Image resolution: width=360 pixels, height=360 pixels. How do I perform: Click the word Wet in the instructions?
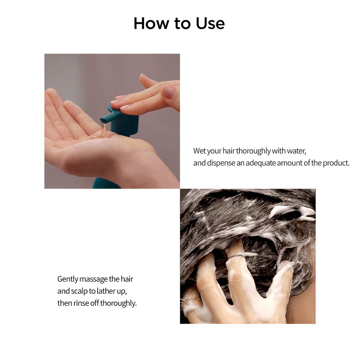200,151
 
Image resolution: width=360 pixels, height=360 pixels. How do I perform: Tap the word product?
336,163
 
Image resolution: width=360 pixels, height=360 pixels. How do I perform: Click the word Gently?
67,279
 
